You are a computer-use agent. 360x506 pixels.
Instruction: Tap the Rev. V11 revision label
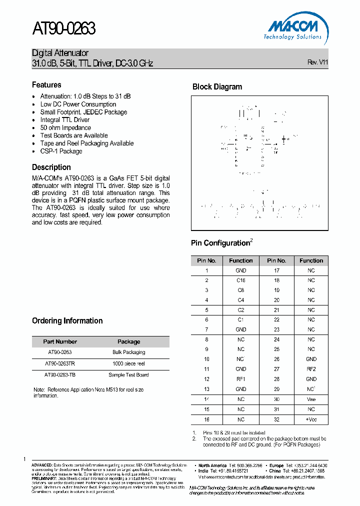coord(317,62)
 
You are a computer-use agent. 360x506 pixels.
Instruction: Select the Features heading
coord(46,85)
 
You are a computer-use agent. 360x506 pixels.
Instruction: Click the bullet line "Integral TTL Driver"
coord(65,120)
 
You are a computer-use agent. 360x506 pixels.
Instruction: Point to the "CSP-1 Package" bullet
coord(61,151)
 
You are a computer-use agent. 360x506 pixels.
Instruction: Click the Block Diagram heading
coord(217,87)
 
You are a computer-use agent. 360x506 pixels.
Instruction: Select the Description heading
coord(51,167)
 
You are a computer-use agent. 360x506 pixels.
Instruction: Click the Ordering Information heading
coord(67,321)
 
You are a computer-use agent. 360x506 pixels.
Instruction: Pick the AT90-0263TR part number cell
coord(60,363)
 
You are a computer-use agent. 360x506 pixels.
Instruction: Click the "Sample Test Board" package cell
coord(128,374)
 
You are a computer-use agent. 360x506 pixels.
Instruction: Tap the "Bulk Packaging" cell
coord(128,352)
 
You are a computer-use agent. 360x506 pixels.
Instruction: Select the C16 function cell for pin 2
coord(241,280)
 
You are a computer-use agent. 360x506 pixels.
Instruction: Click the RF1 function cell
coord(241,379)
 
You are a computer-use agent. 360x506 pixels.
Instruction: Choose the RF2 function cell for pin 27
coord(311,369)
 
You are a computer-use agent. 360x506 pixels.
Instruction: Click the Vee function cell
coord(311,399)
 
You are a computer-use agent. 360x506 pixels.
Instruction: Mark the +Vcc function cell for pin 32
coord(311,419)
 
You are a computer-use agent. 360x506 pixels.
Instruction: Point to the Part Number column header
coord(60,342)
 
